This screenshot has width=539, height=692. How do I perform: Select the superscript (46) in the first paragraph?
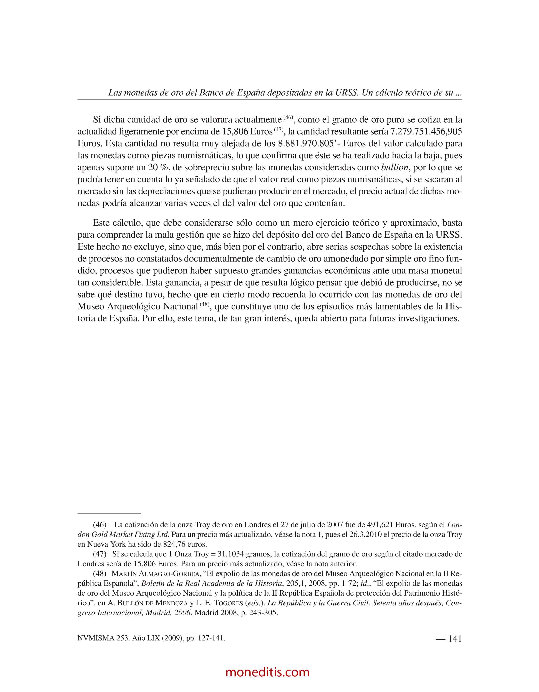(288, 117)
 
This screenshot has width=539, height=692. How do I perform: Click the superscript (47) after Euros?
(279, 129)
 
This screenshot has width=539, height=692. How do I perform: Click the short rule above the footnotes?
(109, 513)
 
